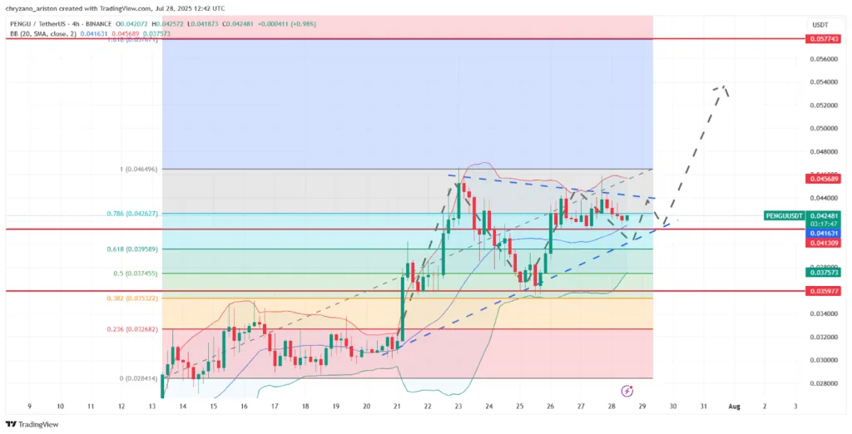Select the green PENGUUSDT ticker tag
784,215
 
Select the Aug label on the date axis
734,406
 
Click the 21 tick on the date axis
397,406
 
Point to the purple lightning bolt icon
627,390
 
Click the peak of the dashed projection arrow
725,86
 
